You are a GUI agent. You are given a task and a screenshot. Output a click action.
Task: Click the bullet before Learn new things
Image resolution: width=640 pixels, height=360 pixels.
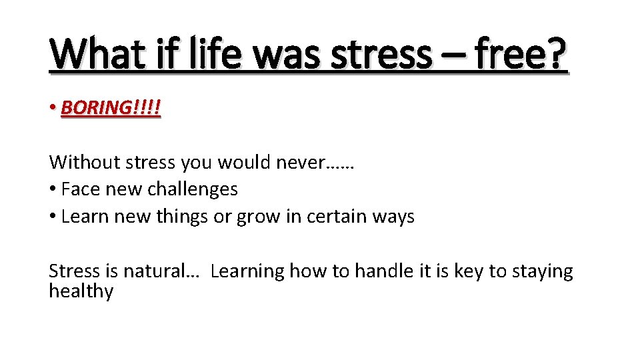[x=53, y=217]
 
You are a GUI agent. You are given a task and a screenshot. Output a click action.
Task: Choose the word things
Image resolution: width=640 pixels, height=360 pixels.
[x=181, y=217]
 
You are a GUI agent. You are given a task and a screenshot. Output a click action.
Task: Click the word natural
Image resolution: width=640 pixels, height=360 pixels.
[x=159, y=271]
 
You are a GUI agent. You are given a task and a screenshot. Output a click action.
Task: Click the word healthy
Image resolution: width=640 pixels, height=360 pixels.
[x=81, y=291]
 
